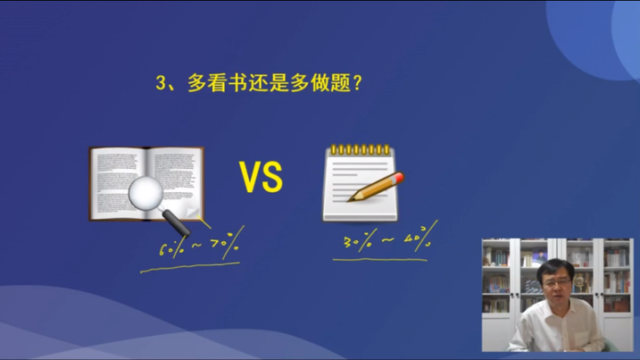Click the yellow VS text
[x=261, y=178]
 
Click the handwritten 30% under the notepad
[x=356, y=241]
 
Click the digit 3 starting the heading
[x=161, y=83]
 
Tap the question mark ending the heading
[x=357, y=83]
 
